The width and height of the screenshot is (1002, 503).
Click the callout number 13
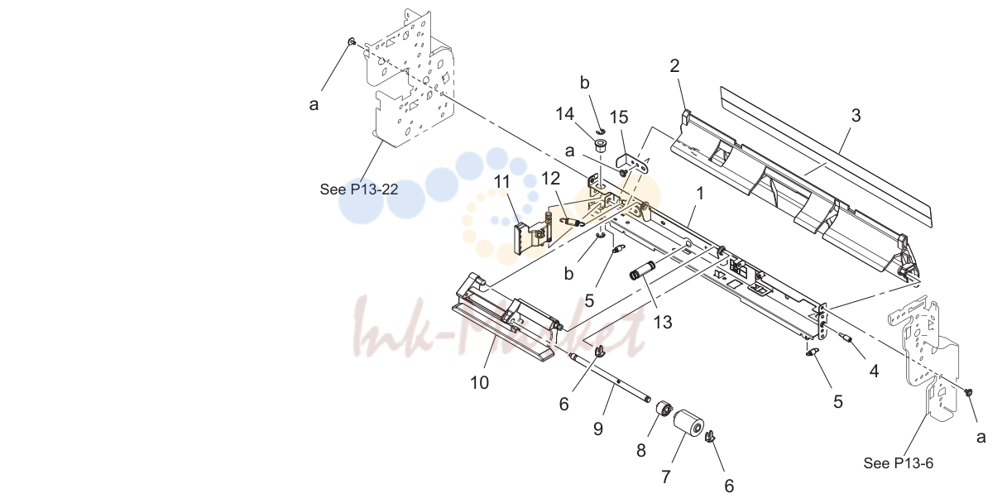[x=663, y=322]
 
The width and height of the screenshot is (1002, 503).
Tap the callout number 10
[x=479, y=383]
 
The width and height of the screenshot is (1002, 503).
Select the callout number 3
[x=856, y=115]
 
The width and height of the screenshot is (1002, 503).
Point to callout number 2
[x=674, y=66]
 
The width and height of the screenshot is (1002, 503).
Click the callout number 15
[x=619, y=117]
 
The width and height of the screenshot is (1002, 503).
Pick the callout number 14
[x=564, y=114]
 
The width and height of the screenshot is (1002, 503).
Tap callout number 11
[x=502, y=182]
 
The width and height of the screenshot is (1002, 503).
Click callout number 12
[x=551, y=179]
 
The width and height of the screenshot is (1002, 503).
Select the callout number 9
[x=598, y=429]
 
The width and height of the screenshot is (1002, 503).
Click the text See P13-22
[x=359, y=189]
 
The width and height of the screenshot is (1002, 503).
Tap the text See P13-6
[x=899, y=463]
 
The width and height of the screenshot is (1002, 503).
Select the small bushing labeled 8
[x=662, y=408]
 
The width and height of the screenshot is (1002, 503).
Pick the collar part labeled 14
[x=600, y=145]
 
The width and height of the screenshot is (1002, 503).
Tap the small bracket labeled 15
[x=632, y=164]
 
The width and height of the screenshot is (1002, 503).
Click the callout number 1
[x=700, y=194]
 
